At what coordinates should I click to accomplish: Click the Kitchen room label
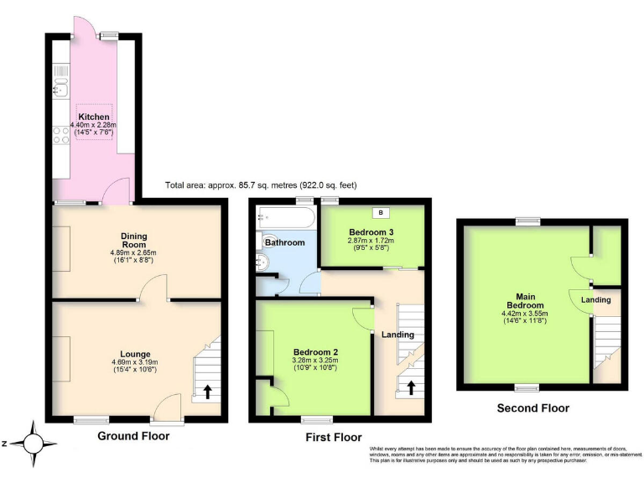tap(93, 117)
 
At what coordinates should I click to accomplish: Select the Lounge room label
tap(134, 356)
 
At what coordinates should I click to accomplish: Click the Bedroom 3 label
tap(371, 231)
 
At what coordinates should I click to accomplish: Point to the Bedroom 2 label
tap(315, 352)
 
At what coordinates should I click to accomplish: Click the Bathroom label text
tap(284, 242)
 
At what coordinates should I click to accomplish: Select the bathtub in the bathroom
tap(286, 217)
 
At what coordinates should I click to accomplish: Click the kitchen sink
tap(60, 90)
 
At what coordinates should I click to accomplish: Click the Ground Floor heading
tap(133, 436)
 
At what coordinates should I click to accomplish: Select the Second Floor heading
tap(533, 408)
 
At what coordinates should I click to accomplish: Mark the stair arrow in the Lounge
tap(207, 392)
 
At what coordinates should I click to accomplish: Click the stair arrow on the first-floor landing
tap(411, 387)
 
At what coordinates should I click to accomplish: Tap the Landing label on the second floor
tap(596, 299)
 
